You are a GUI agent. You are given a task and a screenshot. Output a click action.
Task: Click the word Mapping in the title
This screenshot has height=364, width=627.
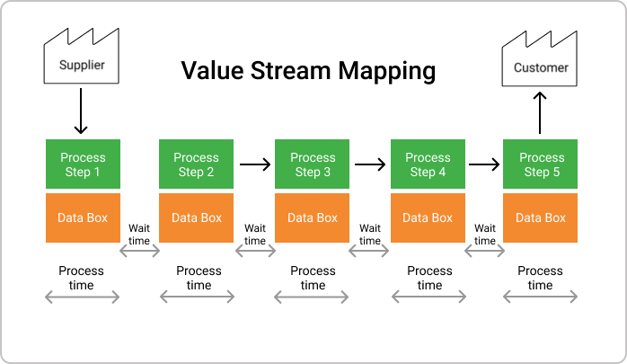(386, 72)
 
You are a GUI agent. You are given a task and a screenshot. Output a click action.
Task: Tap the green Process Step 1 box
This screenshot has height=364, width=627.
(83, 164)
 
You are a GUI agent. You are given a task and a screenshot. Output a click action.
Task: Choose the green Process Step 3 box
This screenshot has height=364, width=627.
(312, 164)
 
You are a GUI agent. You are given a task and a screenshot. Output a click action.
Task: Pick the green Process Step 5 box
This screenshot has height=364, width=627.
(540, 164)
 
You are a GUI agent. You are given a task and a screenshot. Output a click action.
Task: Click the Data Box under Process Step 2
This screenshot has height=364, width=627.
(197, 218)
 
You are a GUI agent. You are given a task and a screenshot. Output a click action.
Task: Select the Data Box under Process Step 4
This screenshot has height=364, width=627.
(428, 218)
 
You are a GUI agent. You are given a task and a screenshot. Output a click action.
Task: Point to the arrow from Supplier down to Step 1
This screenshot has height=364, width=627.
(81, 111)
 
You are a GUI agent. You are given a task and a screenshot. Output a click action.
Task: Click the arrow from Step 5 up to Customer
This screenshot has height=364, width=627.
(540, 113)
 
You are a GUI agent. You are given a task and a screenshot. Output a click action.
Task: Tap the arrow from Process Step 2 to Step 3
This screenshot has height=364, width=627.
(255, 164)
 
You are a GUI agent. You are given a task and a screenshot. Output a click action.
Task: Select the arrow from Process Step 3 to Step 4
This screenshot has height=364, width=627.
(370, 164)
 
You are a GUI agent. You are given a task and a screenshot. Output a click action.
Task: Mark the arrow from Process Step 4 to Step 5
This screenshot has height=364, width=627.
(484, 164)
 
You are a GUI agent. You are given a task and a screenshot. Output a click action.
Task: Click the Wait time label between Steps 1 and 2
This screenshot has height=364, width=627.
(139, 235)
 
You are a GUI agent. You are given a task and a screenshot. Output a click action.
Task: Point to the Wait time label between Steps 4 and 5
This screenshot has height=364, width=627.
(485, 235)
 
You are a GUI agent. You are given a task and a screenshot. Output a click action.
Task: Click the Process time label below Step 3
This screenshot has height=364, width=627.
(313, 278)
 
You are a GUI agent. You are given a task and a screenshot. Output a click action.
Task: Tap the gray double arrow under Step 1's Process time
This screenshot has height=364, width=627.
(83, 297)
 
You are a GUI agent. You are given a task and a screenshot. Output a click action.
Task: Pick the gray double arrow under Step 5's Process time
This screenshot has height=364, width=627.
(540, 297)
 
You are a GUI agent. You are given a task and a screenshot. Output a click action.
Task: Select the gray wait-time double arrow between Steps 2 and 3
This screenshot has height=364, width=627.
(255, 251)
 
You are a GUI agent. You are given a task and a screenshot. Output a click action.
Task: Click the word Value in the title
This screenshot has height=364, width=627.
(212, 71)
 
